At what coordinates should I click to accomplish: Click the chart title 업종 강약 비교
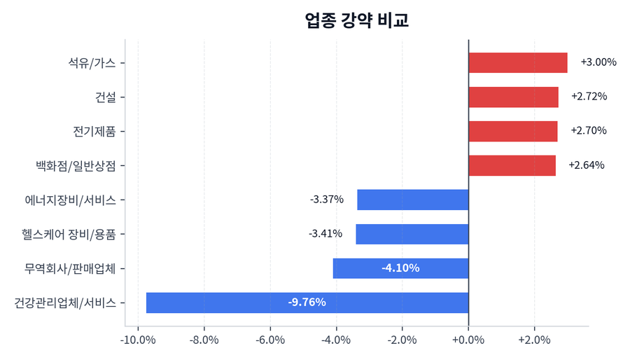(x=356, y=20)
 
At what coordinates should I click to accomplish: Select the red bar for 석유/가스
(x=517, y=62)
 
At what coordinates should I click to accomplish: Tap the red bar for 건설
(x=513, y=97)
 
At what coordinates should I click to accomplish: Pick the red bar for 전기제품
(x=512, y=131)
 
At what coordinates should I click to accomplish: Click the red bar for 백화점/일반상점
(x=512, y=165)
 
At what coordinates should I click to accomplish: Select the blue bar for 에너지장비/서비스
(x=412, y=200)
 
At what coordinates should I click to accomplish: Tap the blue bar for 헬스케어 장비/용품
(x=412, y=234)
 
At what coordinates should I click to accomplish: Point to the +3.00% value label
(x=598, y=62)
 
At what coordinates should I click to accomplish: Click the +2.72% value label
(x=589, y=97)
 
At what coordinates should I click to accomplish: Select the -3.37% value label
(x=327, y=200)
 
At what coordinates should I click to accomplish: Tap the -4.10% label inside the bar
(x=400, y=268)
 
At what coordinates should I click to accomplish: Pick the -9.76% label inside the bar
(x=307, y=303)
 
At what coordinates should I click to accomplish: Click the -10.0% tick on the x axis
(x=138, y=340)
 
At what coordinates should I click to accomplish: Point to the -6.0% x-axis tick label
(x=270, y=340)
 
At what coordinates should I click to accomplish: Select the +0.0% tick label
(x=468, y=340)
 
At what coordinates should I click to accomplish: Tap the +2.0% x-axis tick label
(x=534, y=340)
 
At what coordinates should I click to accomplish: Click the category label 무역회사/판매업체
(x=74, y=268)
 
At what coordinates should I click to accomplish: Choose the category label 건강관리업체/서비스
(x=69, y=303)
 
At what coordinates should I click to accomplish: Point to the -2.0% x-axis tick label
(x=402, y=340)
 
